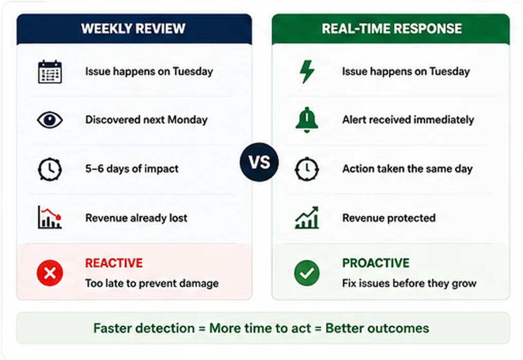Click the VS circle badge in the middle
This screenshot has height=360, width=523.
click(259, 162)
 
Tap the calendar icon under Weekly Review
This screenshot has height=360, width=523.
click(50, 71)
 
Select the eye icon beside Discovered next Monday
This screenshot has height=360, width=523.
click(50, 120)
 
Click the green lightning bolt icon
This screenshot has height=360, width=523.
click(307, 71)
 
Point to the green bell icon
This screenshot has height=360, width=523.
click(307, 120)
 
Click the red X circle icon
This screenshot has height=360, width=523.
click(50, 273)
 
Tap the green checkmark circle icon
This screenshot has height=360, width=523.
click(307, 273)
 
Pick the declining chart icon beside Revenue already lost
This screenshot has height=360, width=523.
click(50, 218)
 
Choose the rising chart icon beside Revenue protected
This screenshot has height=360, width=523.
click(307, 218)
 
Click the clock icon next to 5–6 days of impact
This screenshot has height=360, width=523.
click(50, 169)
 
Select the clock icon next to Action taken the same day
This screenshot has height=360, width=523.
click(307, 169)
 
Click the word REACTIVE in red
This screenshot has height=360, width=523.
click(114, 263)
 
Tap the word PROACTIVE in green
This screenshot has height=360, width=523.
click(376, 263)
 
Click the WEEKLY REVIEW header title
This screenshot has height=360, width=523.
click(133, 29)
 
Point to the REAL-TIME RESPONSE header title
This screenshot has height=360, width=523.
click(392, 29)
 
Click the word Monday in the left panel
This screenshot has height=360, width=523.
click(187, 120)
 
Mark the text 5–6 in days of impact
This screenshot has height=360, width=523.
click(94, 169)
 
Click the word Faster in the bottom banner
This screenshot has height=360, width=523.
click(111, 328)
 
